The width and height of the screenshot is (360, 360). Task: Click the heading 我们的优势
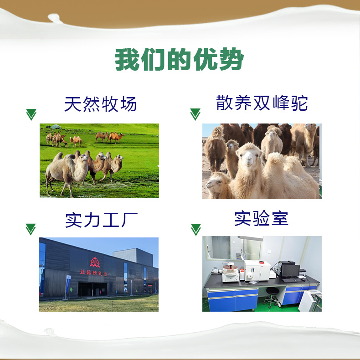[x=179, y=59]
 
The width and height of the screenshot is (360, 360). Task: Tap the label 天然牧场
[x=101, y=104]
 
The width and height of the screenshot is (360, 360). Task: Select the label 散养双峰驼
[x=262, y=103]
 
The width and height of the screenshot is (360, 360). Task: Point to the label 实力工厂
[x=101, y=220]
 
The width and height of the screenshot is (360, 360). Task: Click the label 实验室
[x=261, y=218]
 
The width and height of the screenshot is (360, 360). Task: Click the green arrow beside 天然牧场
[x=31, y=114]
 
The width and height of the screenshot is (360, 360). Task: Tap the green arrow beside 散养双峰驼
[x=195, y=114]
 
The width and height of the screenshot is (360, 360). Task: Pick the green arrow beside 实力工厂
[x=31, y=229]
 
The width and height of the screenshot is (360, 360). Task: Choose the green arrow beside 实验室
[x=196, y=230]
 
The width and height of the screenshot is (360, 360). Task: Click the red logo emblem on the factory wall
[x=95, y=262]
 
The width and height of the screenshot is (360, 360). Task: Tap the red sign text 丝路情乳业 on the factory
[x=94, y=273]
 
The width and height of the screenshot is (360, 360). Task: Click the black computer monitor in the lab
[x=290, y=271]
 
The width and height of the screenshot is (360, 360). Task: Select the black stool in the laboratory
[x=272, y=297]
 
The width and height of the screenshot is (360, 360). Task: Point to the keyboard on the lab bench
[x=292, y=280]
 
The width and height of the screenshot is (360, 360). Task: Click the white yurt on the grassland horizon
[x=56, y=127]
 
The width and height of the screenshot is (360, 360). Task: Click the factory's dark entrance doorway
[x=93, y=289]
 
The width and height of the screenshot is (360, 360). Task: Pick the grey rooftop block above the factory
[x=133, y=257]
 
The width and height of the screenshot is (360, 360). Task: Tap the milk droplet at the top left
[x=54, y=17]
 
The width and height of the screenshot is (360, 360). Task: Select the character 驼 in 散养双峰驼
[x=300, y=103]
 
